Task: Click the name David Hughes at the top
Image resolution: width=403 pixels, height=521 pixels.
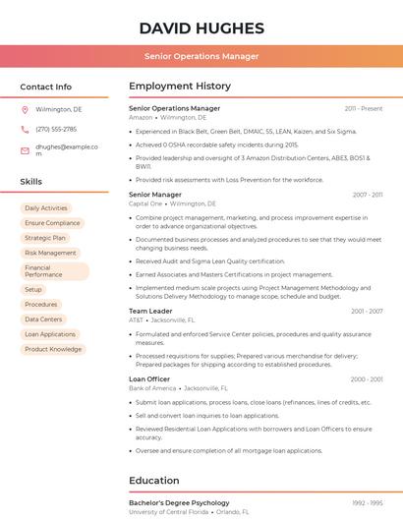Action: click(x=201, y=28)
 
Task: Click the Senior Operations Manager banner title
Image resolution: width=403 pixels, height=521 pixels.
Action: click(x=201, y=56)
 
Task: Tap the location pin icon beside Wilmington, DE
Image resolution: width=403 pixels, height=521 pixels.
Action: click(x=25, y=109)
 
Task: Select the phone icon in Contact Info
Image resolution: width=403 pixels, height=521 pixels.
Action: click(x=25, y=129)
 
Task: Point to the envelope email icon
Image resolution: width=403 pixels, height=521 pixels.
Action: click(x=25, y=150)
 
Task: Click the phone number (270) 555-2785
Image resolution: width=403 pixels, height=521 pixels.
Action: click(x=56, y=129)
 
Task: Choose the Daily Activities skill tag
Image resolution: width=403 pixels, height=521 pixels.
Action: click(x=46, y=208)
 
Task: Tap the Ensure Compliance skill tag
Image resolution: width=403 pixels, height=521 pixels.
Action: click(x=52, y=223)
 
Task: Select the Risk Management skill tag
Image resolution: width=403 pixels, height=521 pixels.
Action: click(x=50, y=253)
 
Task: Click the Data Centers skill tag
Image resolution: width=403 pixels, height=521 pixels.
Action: click(x=43, y=319)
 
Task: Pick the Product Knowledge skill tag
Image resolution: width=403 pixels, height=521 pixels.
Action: click(x=53, y=349)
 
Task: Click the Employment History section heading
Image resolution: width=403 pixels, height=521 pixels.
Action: click(x=180, y=87)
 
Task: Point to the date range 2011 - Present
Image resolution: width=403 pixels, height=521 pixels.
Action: click(x=364, y=108)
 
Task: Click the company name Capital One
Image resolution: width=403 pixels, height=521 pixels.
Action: click(x=145, y=203)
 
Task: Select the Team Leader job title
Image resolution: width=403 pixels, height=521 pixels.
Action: click(x=150, y=311)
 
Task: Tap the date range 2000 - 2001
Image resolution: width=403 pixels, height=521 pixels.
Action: click(x=366, y=379)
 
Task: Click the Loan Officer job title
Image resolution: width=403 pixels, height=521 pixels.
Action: click(x=149, y=379)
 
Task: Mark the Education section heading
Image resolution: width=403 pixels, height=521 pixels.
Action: click(x=154, y=481)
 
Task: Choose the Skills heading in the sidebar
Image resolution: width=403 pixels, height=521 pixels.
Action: click(x=31, y=182)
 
